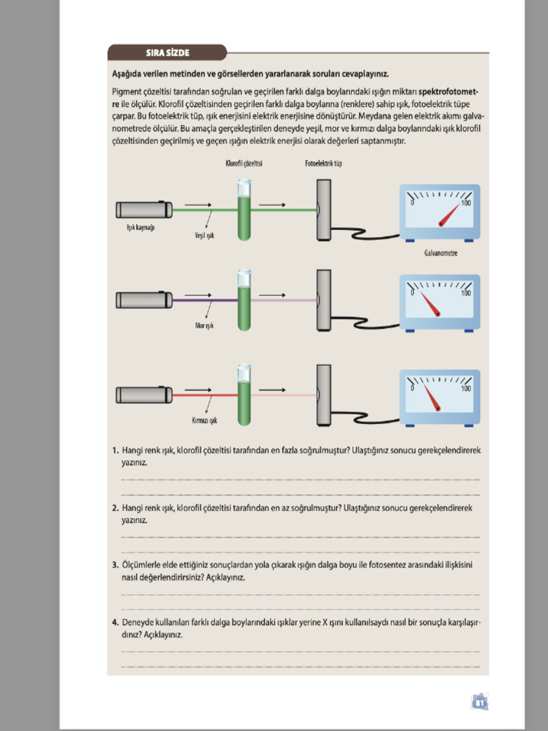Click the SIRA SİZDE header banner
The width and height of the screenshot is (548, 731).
167,52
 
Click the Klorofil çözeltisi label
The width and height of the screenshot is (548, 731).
244,163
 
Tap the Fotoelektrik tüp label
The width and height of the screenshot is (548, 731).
323,163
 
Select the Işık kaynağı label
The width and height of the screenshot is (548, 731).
140,228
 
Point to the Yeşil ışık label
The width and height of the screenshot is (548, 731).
205,235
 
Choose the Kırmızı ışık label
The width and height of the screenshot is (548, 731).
204,420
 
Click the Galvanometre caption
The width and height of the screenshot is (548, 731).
440,253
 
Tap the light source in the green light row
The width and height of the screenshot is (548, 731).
144,210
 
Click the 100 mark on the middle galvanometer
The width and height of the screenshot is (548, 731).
465,293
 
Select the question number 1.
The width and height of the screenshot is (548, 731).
115,451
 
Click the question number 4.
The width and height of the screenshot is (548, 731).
115,622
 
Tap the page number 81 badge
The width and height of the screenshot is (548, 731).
479,702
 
